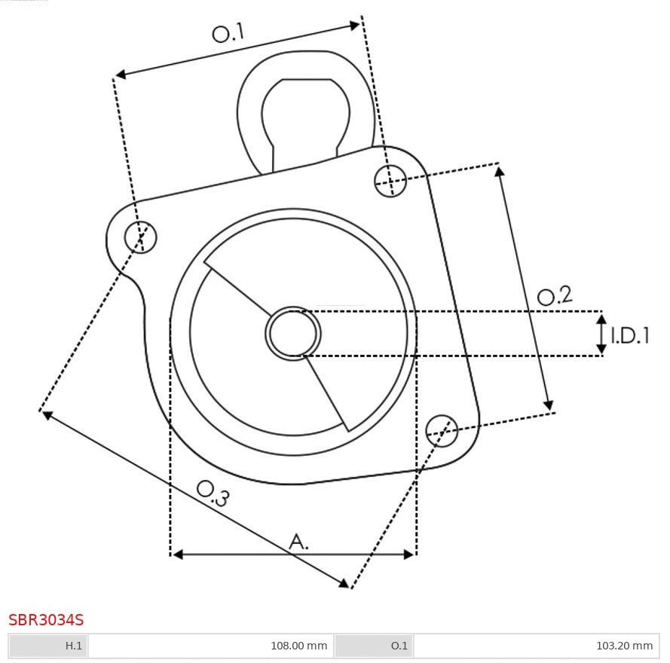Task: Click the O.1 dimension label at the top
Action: tap(228, 33)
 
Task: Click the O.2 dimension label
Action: tap(555, 296)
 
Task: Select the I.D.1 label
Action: tap(630, 335)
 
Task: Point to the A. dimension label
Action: tap(299, 541)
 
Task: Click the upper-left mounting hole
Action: tap(141, 237)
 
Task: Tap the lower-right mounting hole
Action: tap(442, 429)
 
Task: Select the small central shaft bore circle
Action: tap(293, 333)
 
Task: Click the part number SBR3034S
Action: tap(46, 620)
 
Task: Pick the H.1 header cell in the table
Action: tap(48, 646)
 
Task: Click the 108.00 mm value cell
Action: tap(210, 646)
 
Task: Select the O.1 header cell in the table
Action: tap(374, 646)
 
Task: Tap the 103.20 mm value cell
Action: tap(536, 646)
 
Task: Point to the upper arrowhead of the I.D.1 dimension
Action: tap(601, 319)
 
